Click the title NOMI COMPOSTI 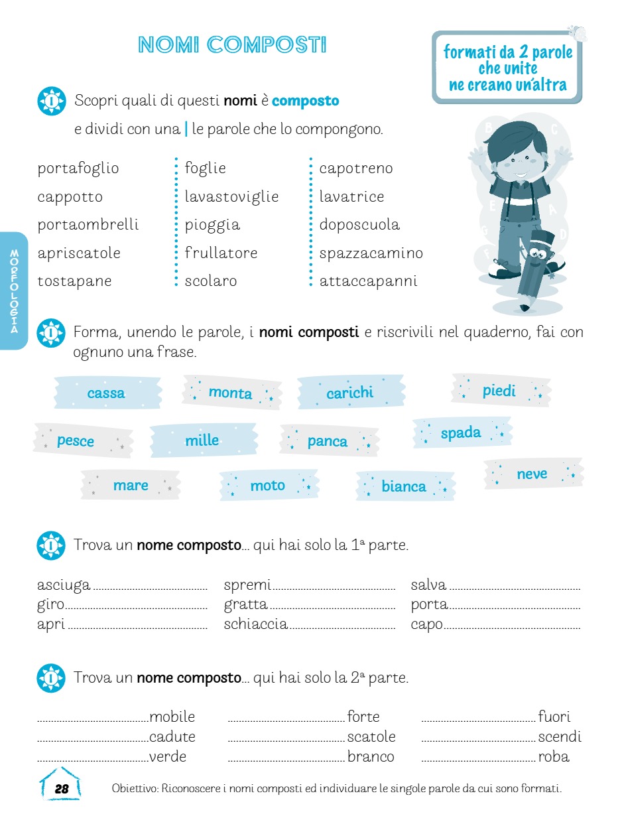[232, 45]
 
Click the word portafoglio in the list [78, 169]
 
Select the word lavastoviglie [231, 197]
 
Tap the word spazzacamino [371, 253]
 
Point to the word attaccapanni [368, 281]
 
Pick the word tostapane [74, 281]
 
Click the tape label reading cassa [106, 393]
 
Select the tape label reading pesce [76, 441]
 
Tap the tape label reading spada [461, 433]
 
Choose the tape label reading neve [532, 474]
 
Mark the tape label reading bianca [403, 487]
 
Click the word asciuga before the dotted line [64, 585]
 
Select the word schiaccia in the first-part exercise [255, 624]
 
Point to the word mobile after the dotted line [172, 717]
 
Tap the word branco [371, 757]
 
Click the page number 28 [62, 789]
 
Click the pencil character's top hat [542, 239]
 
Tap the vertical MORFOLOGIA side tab [14, 291]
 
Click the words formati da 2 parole [508, 52]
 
